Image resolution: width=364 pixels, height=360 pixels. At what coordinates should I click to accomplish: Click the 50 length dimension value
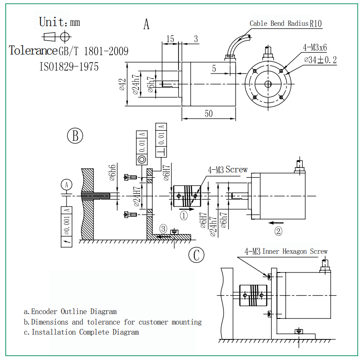click(x=209, y=113)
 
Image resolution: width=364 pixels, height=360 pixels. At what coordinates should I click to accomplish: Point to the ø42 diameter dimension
click(x=122, y=84)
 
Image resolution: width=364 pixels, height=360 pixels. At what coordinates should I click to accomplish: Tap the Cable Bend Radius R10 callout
click(x=286, y=24)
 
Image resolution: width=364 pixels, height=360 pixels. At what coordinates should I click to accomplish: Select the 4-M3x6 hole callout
click(x=315, y=48)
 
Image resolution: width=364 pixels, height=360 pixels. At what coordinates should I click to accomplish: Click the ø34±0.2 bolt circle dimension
click(x=320, y=60)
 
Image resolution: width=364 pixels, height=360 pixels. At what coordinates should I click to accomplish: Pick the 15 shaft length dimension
click(x=170, y=39)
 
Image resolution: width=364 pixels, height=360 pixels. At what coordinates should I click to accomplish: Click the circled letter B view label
click(x=75, y=136)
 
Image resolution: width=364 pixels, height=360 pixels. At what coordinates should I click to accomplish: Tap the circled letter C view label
click(x=196, y=255)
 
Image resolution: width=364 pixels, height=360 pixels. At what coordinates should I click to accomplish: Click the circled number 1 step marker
click(x=184, y=216)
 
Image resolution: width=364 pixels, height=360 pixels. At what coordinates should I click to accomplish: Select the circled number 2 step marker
click(x=278, y=231)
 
